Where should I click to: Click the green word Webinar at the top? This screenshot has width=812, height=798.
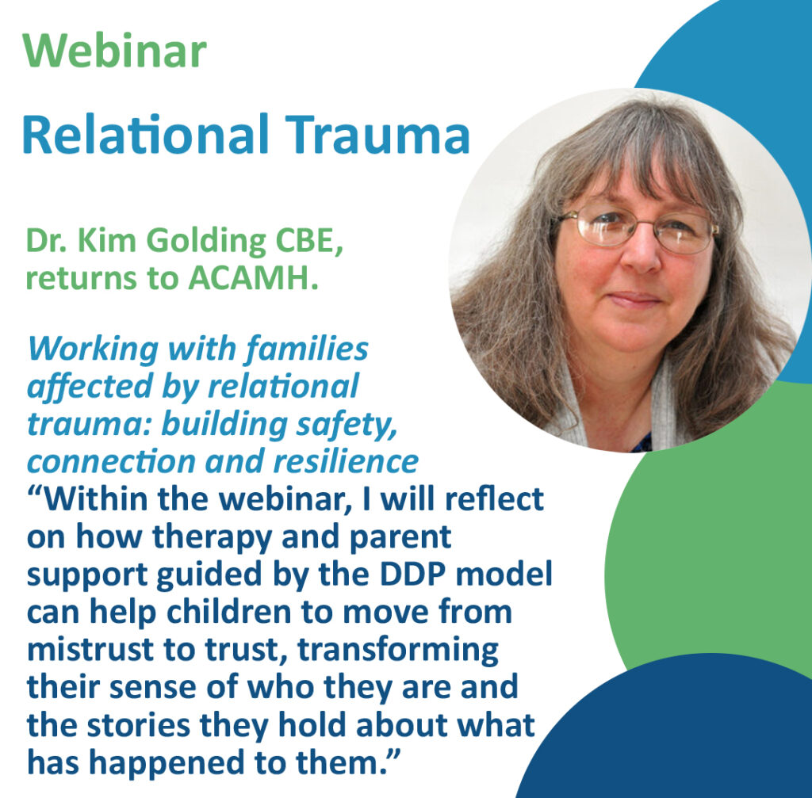click(115, 52)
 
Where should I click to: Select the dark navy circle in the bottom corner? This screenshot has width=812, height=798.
click(698, 737)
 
